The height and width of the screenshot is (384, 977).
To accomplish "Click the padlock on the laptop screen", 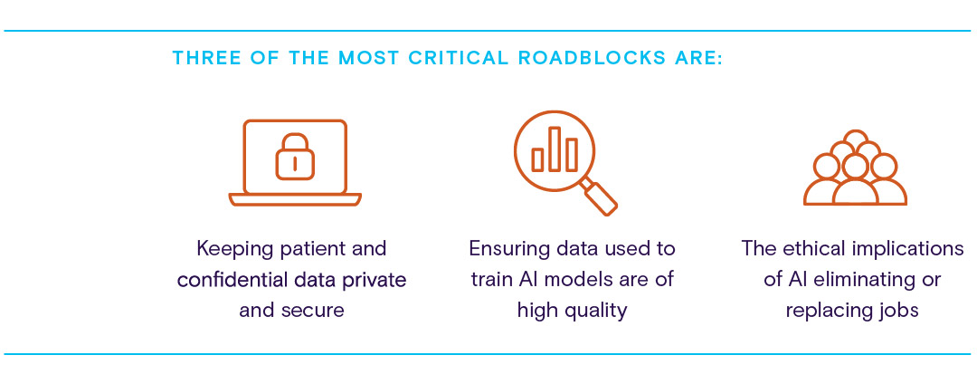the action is click(295, 158).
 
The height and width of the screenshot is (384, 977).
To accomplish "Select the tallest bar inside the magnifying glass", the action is click(555, 149).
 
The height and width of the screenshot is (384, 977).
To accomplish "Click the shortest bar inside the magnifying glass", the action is click(537, 159).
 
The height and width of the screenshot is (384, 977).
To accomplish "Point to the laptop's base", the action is click(295, 199).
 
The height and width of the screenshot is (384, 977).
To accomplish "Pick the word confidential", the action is click(231, 279).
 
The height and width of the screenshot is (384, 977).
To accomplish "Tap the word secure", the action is click(316, 310).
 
